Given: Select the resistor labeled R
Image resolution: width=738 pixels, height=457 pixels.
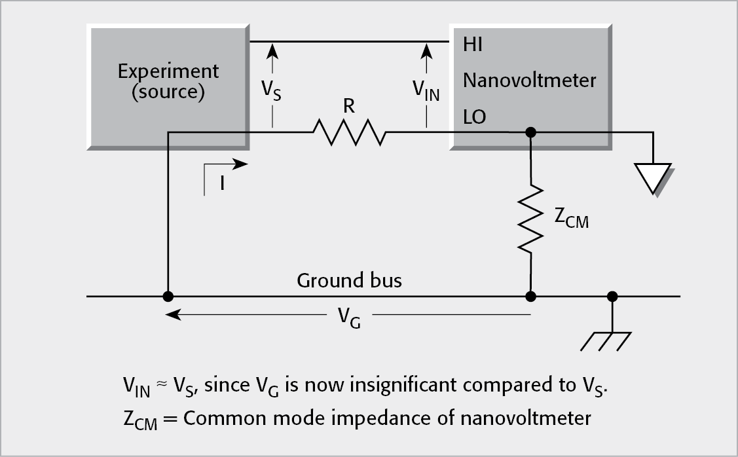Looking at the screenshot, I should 348,132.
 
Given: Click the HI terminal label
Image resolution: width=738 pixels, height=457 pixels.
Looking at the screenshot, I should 473,45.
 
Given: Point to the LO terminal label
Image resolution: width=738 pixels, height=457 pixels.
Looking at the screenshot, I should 475,117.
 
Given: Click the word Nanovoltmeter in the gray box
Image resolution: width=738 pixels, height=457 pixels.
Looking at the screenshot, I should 530,81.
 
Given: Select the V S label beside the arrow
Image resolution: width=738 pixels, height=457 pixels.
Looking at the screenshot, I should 272,90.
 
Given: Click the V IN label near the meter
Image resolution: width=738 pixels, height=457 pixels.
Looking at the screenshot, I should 426,90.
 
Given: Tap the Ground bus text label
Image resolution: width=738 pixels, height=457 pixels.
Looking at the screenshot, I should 349,281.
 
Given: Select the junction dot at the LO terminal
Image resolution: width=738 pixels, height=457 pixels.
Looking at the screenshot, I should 531,132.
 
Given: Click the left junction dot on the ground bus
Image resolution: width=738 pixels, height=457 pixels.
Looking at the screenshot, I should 168,296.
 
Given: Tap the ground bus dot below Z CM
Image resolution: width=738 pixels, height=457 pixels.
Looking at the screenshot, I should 531,296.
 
